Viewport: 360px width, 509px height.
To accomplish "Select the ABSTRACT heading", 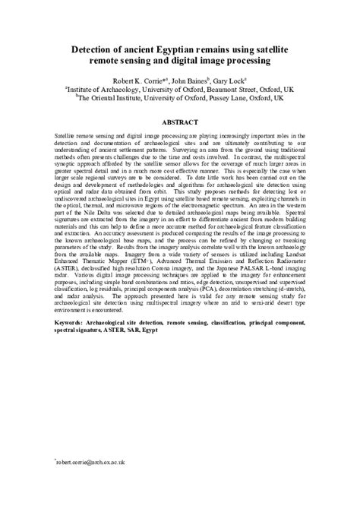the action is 179,121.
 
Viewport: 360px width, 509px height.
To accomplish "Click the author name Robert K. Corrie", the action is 137,78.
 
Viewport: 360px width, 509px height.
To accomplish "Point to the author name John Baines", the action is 194,78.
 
